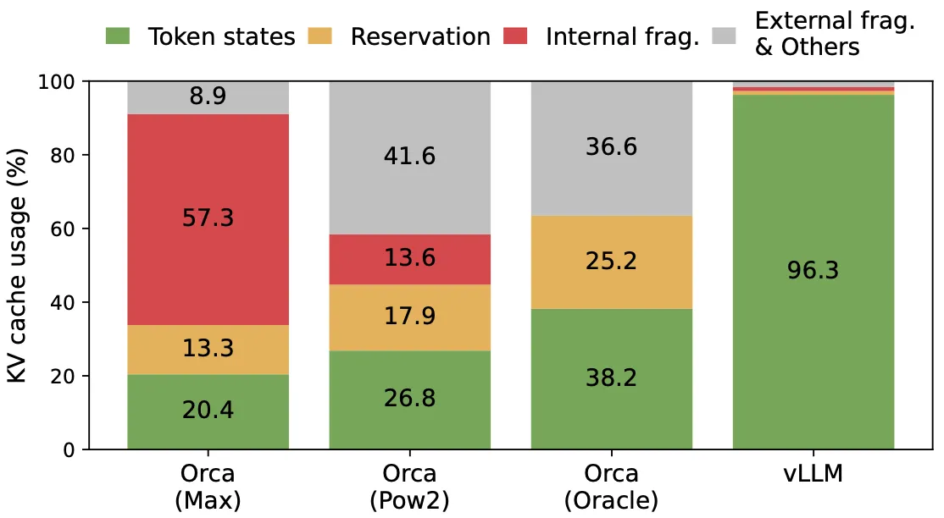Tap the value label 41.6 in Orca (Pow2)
coord(409,155)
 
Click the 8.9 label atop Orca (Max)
coord(208,96)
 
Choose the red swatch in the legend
coord(514,36)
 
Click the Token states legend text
coord(222,37)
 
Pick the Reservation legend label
coord(420,37)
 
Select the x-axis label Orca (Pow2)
coord(409,486)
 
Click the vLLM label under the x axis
coord(814,473)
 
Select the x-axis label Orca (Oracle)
coord(612,486)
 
